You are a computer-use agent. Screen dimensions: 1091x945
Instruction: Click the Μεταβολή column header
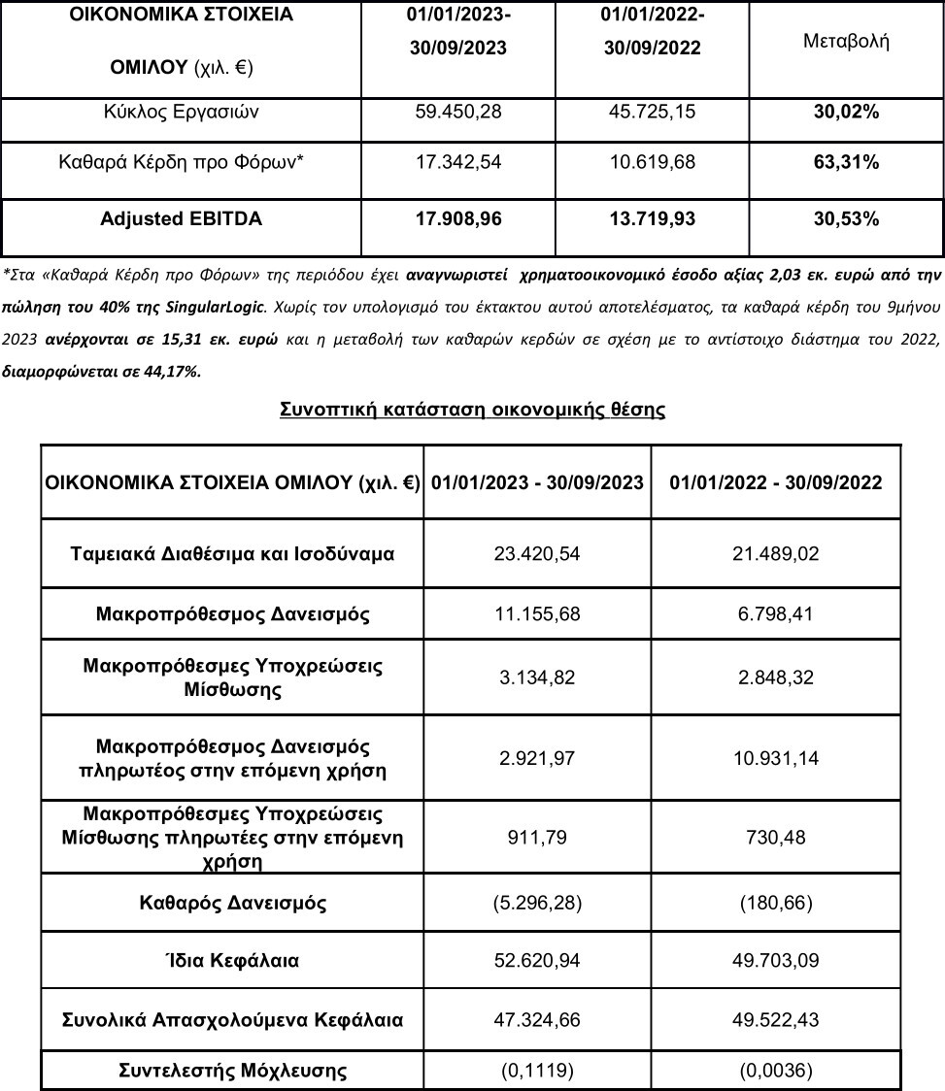coord(847,43)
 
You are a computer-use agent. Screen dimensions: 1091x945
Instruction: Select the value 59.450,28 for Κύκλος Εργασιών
coord(457,113)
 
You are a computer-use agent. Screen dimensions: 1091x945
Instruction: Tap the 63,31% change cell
coord(846,162)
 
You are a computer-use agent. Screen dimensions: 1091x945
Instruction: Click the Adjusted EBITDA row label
coord(181,219)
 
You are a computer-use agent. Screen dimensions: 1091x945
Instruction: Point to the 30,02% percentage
coord(846,113)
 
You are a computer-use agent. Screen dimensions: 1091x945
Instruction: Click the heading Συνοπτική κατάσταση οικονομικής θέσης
coord(472,410)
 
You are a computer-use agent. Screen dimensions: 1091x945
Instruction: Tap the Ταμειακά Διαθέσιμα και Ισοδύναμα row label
coord(232,555)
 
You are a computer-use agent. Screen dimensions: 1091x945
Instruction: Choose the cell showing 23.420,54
coord(538,555)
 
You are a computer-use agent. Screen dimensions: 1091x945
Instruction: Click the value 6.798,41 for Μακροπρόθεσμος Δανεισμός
coord(776,615)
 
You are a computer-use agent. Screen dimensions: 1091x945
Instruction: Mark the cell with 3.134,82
coord(538,678)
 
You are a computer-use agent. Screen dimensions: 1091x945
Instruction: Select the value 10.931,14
coord(776,759)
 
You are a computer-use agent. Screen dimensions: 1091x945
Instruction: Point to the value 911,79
coord(538,837)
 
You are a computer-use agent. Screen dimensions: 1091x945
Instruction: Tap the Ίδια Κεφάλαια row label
coord(232,961)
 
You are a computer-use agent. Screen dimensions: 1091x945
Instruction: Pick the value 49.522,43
coord(776,1020)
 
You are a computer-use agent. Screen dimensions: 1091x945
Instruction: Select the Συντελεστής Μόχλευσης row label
coord(232,1071)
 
